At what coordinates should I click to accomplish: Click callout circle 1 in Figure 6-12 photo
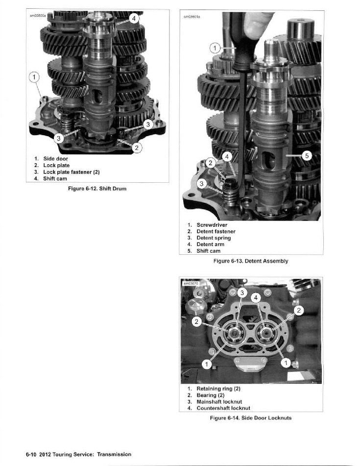[33, 77]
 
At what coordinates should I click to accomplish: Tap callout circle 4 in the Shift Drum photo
[135, 19]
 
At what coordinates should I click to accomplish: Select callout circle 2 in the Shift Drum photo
[138, 147]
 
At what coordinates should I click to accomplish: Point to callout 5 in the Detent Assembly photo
[306, 156]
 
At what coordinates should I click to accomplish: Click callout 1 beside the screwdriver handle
[215, 48]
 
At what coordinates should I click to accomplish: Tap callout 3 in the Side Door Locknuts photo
[241, 293]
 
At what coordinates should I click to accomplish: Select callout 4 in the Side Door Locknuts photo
[255, 298]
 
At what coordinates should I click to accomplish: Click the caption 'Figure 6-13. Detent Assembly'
[251, 261]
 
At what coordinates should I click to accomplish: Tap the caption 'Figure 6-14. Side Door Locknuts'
[251, 418]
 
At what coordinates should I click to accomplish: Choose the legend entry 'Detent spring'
[214, 238]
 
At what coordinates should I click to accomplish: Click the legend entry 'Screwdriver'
[212, 225]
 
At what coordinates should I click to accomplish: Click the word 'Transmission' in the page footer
[114, 454]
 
